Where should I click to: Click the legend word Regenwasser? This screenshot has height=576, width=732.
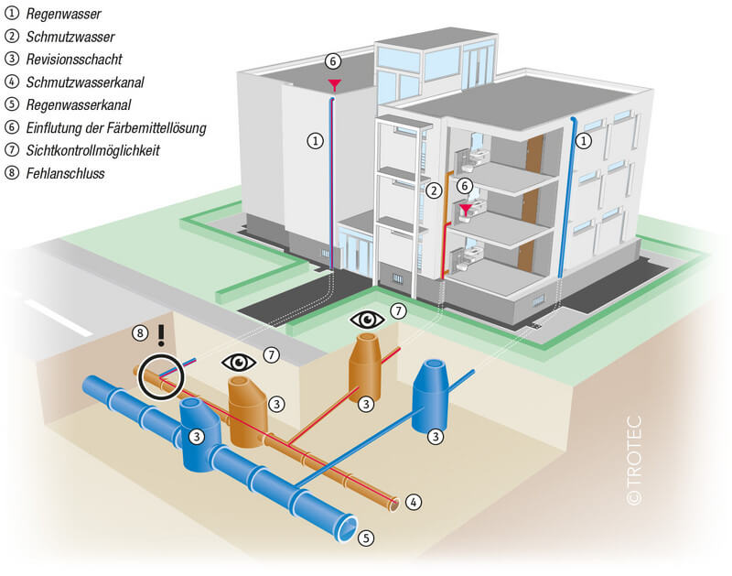(x=63, y=14)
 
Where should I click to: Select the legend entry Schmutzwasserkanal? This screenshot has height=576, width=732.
(x=85, y=82)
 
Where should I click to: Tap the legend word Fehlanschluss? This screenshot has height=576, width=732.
(x=65, y=173)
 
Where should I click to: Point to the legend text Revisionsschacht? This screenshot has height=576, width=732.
(x=74, y=60)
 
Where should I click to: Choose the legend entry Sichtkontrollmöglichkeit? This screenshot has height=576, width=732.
(x=93, y=150)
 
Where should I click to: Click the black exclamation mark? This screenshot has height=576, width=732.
(x=162, y=335)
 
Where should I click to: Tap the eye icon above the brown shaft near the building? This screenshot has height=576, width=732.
(x=368, y=320)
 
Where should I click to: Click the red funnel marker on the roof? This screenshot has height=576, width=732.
(x=334, y=85)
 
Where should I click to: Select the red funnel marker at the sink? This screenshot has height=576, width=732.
(x=466, y=209)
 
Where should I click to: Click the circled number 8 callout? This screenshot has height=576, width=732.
(x=140, y=333)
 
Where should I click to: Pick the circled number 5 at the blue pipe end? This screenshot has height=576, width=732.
(x=366, y=538)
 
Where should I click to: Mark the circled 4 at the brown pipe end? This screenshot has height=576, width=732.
(x=413, y=502)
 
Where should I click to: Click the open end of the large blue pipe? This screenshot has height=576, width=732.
(x=347, y=528)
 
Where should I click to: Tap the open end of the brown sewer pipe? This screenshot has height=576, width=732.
(x=394, y=505)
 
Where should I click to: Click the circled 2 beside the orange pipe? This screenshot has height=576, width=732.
(x=434, y=190)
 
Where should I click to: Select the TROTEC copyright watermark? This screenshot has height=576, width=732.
(x=634, y=460)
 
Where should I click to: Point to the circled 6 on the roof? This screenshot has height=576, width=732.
(x=333, y=61)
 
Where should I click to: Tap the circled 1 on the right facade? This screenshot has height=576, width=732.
(x=584, y=141)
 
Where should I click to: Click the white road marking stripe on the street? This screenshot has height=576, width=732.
(x=59, y=318)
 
